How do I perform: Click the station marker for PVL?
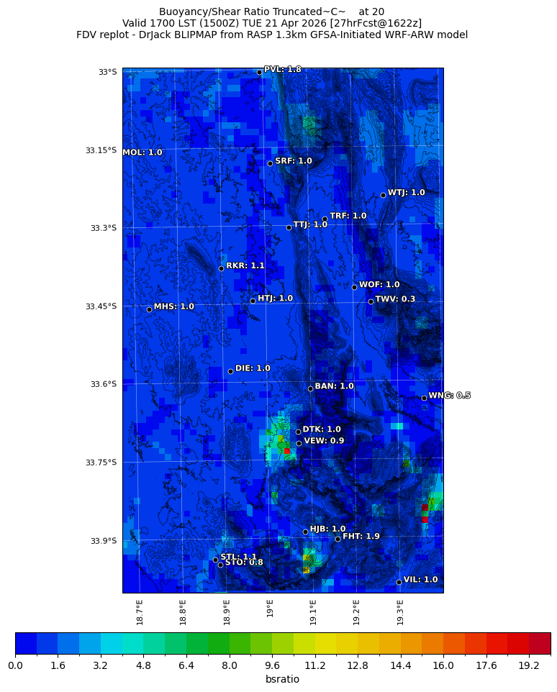[259, 72]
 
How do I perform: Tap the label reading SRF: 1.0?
[294, 161]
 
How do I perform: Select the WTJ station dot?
[383, 195]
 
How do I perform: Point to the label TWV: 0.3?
[395, 299]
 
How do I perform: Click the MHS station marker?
[149, 309]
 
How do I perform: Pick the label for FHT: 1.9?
[361, 537]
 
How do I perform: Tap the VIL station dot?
[399, 582]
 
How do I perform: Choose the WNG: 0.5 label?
[449, 396]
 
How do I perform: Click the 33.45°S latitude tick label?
[101, 306]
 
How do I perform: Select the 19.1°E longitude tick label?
[313, 611]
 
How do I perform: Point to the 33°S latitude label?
[107, 72]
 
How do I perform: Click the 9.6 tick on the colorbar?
[272, 666]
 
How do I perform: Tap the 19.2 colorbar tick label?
[529, 666]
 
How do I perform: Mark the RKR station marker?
[221, 268]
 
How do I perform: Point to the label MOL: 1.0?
[142, 152]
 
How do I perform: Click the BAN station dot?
[310, 388]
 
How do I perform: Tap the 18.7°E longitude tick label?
[140, 611]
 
